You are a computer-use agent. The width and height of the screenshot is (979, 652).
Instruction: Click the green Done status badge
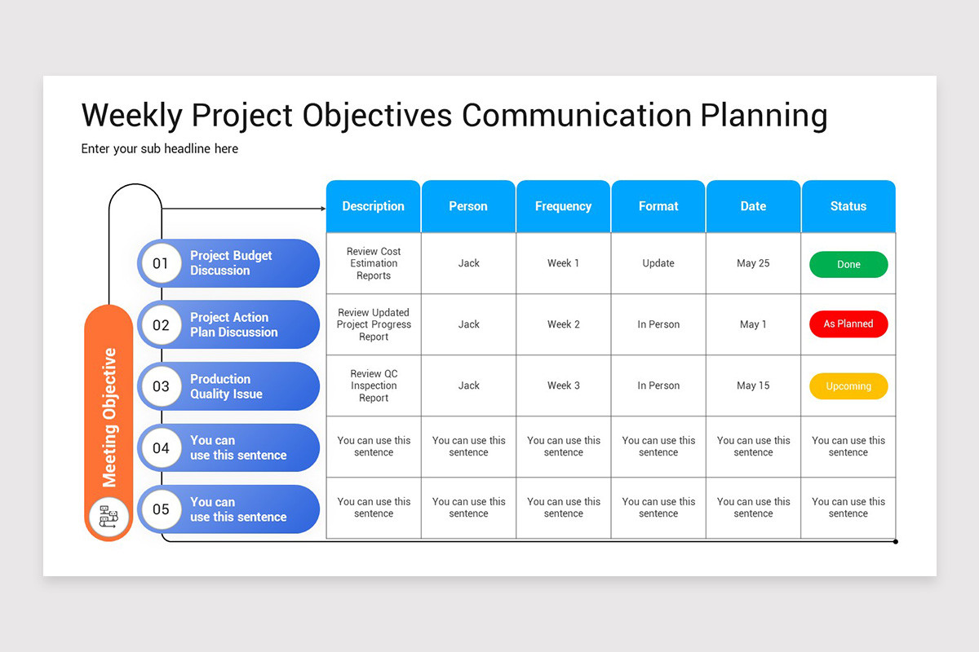click(x=848, y=265)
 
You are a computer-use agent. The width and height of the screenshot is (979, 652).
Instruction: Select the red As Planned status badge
click(x=848, y=324)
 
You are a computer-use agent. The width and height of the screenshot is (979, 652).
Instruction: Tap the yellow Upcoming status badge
click(x=848, y=386)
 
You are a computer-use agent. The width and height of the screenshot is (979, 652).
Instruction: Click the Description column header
click(x=373, y=206)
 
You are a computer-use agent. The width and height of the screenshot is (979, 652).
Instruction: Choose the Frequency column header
click(x=563, y=206)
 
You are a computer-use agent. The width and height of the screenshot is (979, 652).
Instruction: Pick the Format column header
click(x=658, y=206)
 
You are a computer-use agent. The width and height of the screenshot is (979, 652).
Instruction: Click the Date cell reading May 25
click(x=753, y=263)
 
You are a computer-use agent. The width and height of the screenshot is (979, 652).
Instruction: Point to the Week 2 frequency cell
click(x=563, y=324)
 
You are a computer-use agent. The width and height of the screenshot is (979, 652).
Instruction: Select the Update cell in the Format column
click(x=658, y=263)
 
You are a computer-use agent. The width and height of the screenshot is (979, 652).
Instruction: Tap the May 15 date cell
click(x=753, y=385)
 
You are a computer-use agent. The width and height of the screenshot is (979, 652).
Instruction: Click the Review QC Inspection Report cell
click(x=374, y=385)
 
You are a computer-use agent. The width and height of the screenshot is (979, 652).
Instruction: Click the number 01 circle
click(x=161, y=263)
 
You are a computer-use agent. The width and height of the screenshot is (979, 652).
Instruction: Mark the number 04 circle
click(x=161, y=447)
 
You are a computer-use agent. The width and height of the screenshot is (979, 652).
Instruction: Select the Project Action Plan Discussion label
click(x=233, y=324)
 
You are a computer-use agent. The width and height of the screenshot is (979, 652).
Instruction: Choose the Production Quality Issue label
click(x=226, y=386)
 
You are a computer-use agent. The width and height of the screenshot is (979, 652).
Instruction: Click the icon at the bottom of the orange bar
click(x=109, y=517)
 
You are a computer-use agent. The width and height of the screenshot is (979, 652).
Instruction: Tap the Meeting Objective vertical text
click(x=109, y=417)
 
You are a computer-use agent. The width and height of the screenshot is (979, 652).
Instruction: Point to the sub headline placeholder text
click(x=160, y=148)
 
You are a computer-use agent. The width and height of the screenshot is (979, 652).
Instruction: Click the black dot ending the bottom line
click(x=896, y=541)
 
